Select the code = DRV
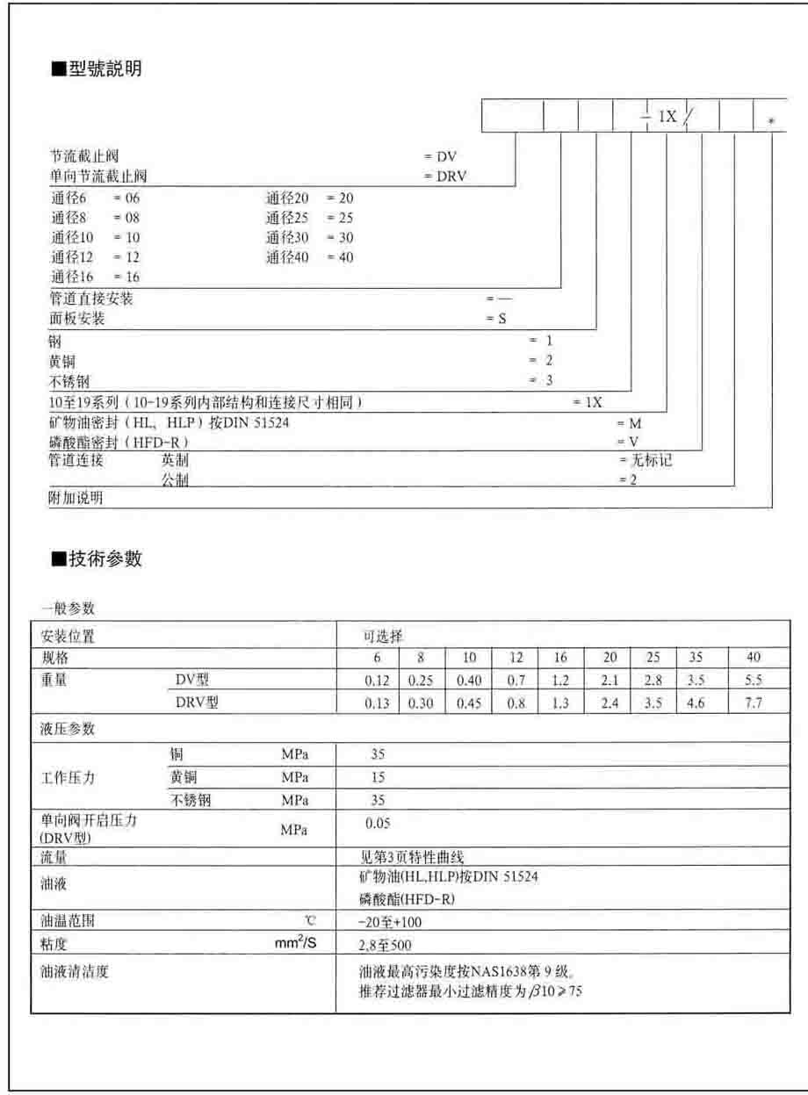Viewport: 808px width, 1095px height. (x=445, y=176)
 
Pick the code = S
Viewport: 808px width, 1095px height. (x=496, y=320)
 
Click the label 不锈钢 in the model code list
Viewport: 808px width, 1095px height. (x=69, y=381)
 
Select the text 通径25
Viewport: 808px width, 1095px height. (x=284, y=218)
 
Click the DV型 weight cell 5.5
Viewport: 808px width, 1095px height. (x=753, y=681)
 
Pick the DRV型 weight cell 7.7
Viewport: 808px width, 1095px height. (x=753, y=704)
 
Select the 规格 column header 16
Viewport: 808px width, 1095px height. (x=560, y=657)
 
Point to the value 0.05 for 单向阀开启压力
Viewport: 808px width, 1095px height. (x=378, y=823)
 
